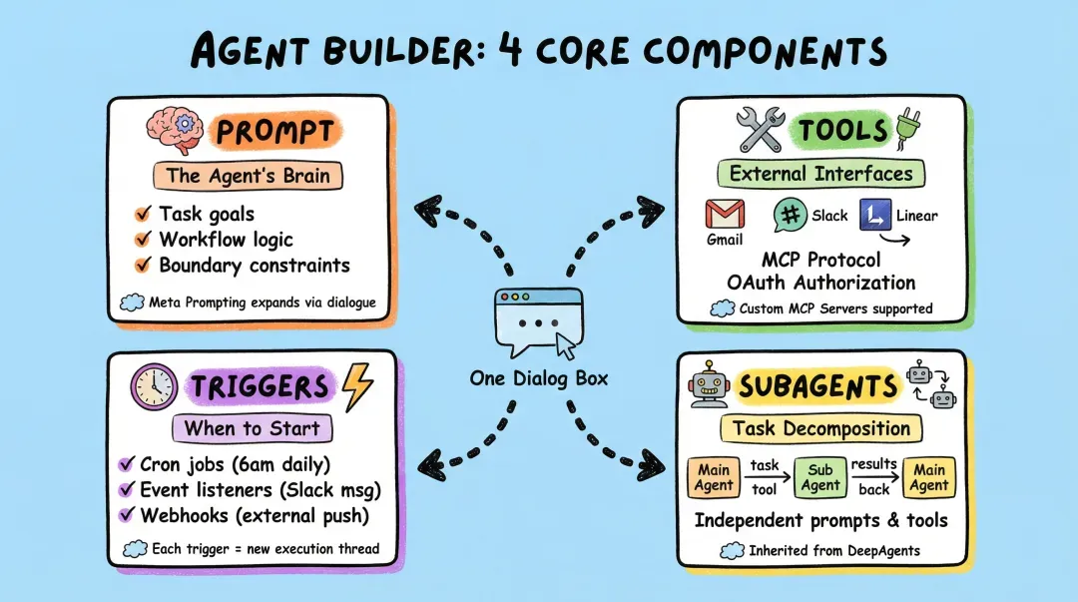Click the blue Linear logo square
tap(875, 216)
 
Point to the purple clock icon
tap(155, 386)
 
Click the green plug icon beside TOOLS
tap(909, 129)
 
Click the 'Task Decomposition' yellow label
tap(820, 429)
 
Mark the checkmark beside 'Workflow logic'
tap(142, 240)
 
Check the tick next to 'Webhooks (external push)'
tap(126, 515)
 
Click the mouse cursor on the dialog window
tap(566, 346)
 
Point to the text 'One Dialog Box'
tap(537, 378)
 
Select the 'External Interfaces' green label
tap(820, 174)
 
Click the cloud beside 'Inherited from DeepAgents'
tap(733, 550)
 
